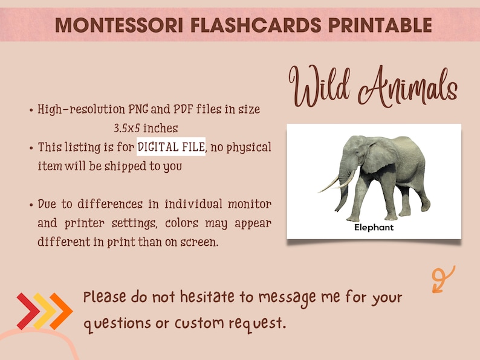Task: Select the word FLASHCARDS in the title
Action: pyautogui.click(x=236, y=25)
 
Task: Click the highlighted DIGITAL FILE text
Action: pyautogui.click(x=171, y=147)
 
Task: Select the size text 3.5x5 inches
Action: pyautogui.click(x=146, y=128)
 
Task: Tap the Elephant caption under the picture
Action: pyautogui.click(x=374, y=228)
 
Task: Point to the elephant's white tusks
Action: pyautogui.click(x=336, y=182)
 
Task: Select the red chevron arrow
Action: pyautogui.click(x=28, y=311)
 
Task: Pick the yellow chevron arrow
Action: pyautogui.click(x=44, y=311)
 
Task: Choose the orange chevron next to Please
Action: pyautogui.click(x=61, y=311)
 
